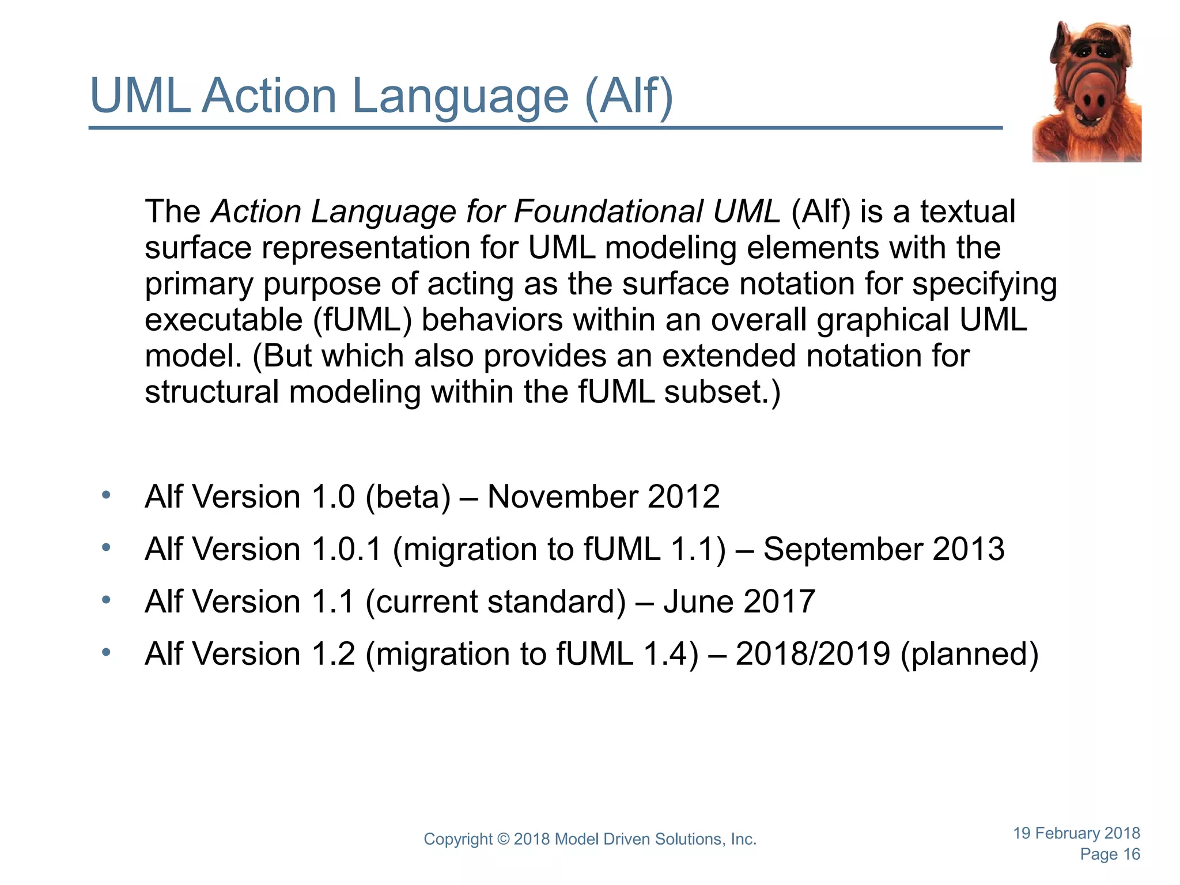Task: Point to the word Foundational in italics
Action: click(x=608, y=211)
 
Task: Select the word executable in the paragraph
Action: click(x=224, y=320)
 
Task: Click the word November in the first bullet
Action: click(x=562, y=497)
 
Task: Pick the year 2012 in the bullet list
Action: click(x=684, y=497)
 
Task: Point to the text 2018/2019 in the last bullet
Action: click(x=813, y=654)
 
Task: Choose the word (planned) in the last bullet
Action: click(x=970, y=654)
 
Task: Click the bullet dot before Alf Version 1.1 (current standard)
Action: click(x=106, y=600)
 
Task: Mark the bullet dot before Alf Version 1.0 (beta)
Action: click(x=106, y=496)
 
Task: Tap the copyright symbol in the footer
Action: click(x=503, y=839)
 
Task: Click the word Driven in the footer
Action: click(x=627, y=839)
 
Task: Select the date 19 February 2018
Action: click(x=1076, y=833)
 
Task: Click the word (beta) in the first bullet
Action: click(x=408, y=497)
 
